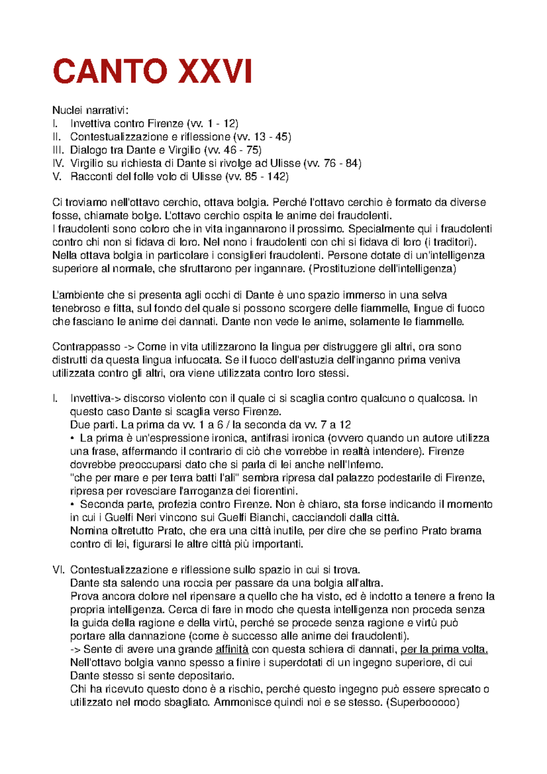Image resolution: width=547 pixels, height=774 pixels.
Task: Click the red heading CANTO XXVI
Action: tap(152, 72)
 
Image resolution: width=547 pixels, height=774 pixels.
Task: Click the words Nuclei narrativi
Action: tap(90, 110)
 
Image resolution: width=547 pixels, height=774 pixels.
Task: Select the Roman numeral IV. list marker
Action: tap(58, 163)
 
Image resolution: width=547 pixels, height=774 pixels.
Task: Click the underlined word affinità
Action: tap(232, 649)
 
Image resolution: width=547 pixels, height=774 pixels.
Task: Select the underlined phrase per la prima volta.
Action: tap(444, 649)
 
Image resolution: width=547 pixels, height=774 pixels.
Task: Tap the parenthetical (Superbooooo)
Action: tap(422, 702)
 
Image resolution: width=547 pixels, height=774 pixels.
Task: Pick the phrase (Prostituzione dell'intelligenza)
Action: tap(382, 268)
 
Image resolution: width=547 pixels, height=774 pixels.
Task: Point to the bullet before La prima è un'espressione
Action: tap(72, 439)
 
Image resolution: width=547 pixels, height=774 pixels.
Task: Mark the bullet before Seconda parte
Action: tap(72, 505)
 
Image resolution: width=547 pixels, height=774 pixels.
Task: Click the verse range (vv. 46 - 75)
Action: tap(232, 150)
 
